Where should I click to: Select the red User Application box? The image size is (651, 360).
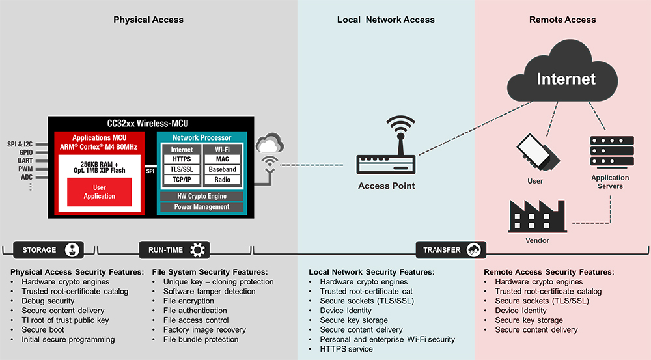point(99,192)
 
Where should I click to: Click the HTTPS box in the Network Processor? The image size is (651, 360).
point(182,159)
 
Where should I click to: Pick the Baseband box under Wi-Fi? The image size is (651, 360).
point(222,169)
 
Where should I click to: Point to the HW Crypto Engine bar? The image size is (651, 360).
point(202,196)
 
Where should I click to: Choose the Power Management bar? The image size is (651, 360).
point(202,207)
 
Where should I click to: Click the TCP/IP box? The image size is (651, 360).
point(182,180)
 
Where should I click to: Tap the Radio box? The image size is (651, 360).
point(222,180)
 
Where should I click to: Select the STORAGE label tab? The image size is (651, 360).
point(40,250)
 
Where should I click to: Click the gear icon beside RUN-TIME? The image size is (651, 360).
point(197,249)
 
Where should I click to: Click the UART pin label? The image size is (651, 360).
point(25,160)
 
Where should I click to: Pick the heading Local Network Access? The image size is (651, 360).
point(385,20)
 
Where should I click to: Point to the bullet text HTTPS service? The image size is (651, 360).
point(346,349)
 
